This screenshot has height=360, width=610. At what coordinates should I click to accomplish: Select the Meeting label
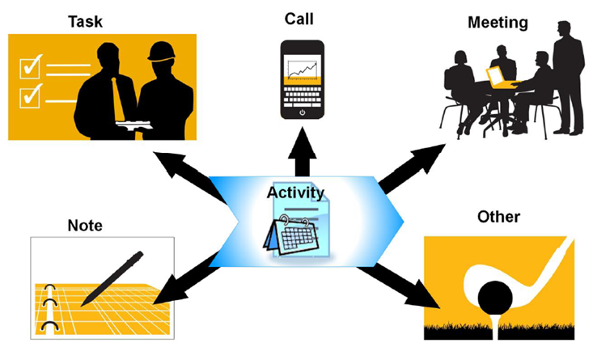coord(498,23)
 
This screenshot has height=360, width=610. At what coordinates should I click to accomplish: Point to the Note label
coord(85,226)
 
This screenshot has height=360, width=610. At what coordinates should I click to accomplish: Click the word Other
coord(498,217)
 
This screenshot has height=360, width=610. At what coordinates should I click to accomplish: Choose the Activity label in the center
coord(295,193)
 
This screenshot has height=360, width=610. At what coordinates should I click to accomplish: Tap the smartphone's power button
coord(302,113)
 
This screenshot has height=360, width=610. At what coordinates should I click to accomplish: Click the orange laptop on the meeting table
coord(495,77)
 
